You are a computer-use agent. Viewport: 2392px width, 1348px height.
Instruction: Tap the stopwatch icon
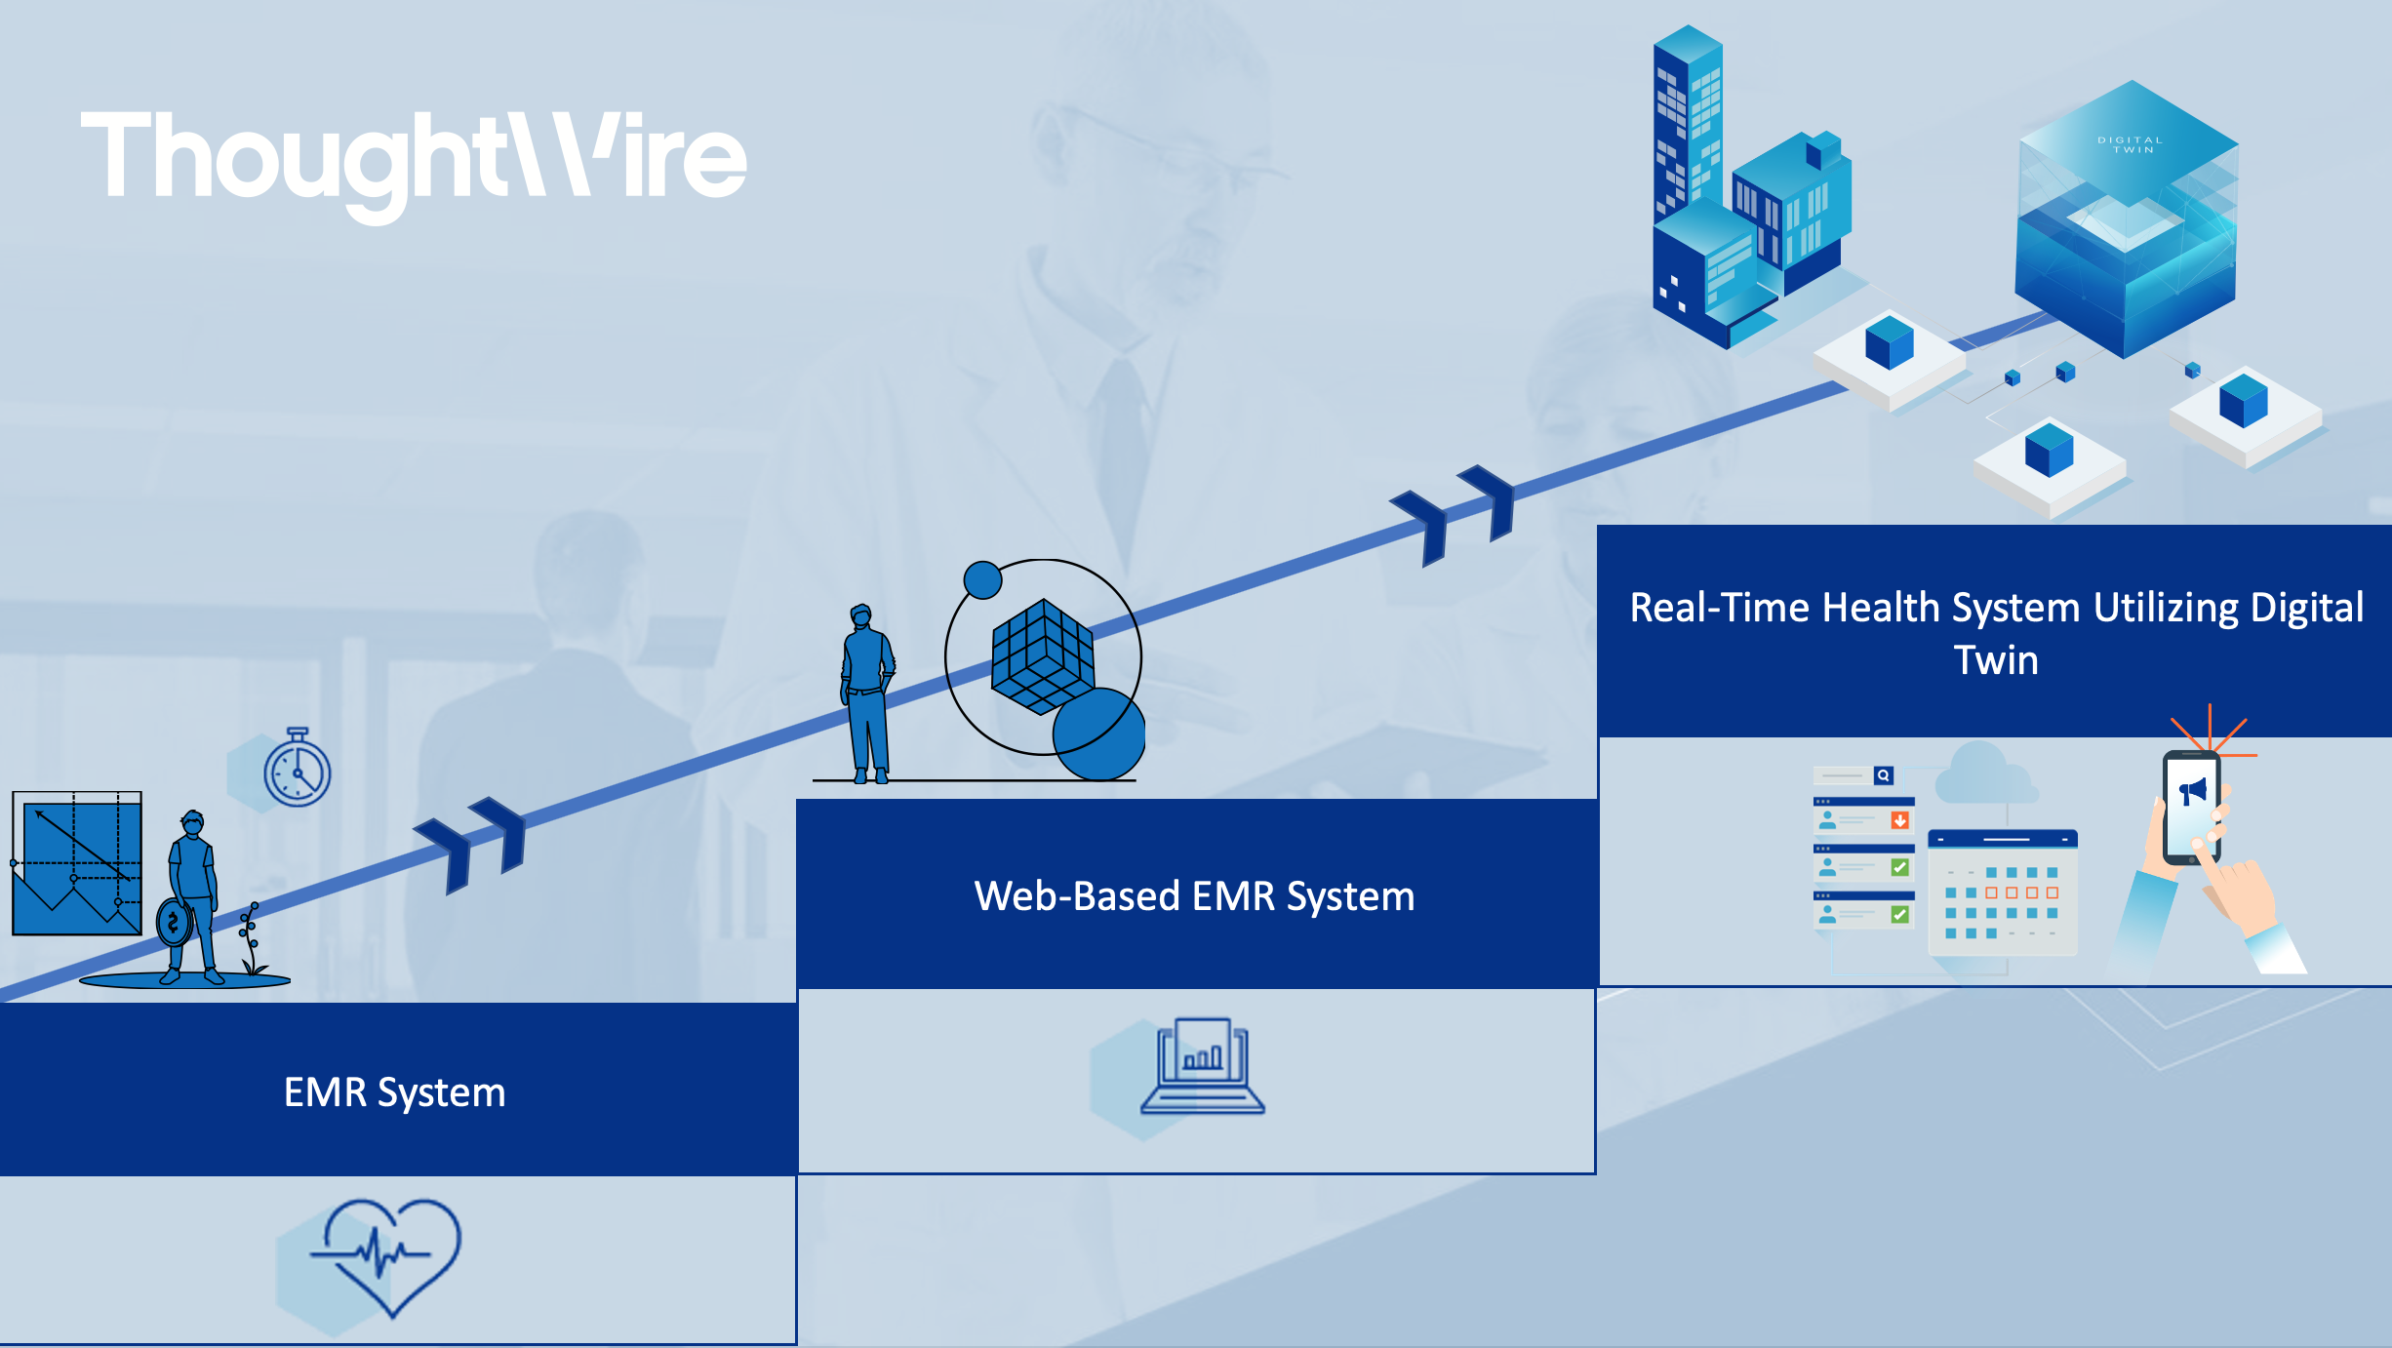(x=298, y=771)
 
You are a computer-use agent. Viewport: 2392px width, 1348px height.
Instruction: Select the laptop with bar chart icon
(x=1202, y=1068)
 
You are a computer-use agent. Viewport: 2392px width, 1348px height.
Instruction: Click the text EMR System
(x=394, y=1092)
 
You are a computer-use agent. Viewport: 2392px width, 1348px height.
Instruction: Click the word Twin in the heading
(x=1996, y=660)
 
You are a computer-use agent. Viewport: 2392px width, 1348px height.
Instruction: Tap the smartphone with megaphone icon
(x=2191, y=808)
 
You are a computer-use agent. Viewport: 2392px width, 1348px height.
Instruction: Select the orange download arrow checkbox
(x=1899, y=820)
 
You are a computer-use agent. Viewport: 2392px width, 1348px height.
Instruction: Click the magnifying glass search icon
(x=1884, y=775)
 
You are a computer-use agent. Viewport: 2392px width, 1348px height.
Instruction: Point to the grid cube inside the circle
(x=1042, y=656)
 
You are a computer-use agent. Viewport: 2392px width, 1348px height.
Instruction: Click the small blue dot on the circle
(x=982, y=579)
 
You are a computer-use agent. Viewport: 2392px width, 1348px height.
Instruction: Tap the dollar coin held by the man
(x=174, y=922)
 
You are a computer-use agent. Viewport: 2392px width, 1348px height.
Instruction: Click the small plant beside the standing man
(x=252, y=939)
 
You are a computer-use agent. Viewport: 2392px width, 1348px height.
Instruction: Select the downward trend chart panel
(x=77, y=864)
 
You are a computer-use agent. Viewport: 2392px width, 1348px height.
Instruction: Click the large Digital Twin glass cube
(x=2127, y=224)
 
